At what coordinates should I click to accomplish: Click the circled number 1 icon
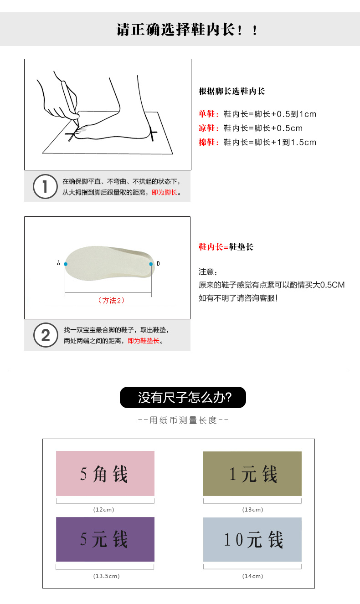click(x=45, y=187)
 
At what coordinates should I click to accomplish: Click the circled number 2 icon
click(x=46, y=335)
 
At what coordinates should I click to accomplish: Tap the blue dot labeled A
click(x=66, y=264)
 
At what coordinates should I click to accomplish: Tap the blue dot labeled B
click(x=151, y=264)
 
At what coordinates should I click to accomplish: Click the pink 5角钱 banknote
click(x=105, y=473)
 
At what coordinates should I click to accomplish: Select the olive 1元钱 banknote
click(x=252, y=473)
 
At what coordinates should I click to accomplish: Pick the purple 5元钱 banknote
click(x=105, y=539)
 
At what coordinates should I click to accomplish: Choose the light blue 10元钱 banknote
click(x=252, y=539)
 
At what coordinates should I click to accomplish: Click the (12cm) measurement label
click(x=104, y=510)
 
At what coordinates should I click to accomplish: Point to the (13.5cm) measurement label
click(x=107, y=576)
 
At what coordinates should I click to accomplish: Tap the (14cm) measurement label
click(x=252, y=576)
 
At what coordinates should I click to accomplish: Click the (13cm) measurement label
click(x=252, y=510)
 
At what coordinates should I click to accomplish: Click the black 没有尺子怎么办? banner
click(x=183, y=397)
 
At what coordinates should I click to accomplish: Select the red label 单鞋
click(x=207, y=114)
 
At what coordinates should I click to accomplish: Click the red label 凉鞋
click(x=207, y=128)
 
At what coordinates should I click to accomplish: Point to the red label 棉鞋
click(x=207, y=142)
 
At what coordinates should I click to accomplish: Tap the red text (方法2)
click(x=111, y=300)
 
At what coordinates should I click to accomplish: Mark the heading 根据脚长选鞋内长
click(x=232, y=91)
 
